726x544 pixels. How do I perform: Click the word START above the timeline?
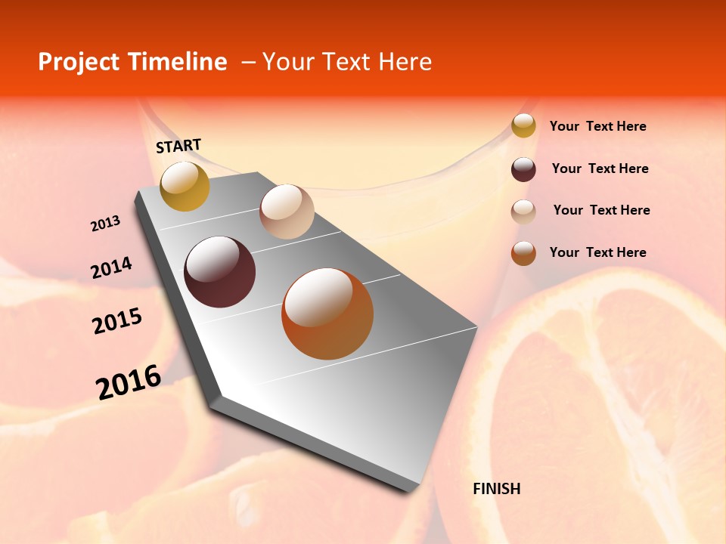click(178, 146)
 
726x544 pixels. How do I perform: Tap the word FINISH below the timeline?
click(497, 489)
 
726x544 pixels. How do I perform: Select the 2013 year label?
click(105, 224)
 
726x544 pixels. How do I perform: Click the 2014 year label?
click(111, 267)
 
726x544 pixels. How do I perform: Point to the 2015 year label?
click(117, 321)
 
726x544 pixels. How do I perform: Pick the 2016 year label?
click(129, 382)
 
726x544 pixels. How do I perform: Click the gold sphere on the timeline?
click(185, 186)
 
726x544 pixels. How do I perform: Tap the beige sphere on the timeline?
click(287, 212)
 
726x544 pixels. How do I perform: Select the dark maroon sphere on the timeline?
click(220, 272)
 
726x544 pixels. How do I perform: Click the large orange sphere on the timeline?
click(327, 314)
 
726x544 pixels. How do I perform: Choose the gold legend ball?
click(523, 126)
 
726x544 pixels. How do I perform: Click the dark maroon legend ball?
click(523, 169)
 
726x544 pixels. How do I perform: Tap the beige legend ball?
click(523, 212)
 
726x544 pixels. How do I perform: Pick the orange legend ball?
click(523, 253)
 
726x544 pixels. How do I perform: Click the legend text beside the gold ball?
click(597, 126)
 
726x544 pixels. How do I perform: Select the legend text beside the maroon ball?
click(600, 168)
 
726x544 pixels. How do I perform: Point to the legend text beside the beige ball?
click(601, 210)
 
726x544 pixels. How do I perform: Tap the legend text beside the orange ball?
click(597, 252)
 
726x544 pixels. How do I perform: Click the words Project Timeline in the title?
click(132, 62)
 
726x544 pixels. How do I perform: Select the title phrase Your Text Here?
click(346, 62)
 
